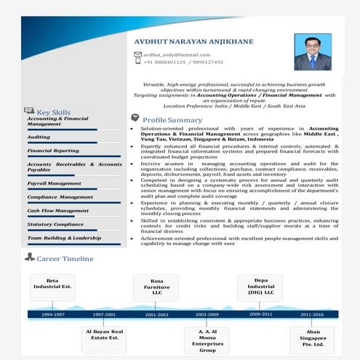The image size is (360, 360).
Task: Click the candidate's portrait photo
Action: coord(312,52)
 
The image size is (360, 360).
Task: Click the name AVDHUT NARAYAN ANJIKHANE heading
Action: coord(193,41)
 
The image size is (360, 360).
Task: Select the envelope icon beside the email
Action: coord(137,55)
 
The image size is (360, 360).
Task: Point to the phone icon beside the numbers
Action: coord(137,62)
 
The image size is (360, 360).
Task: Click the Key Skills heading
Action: coord(53,112)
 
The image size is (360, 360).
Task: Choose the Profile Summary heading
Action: coord(172,119)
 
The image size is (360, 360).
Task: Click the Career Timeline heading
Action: coord(65,258)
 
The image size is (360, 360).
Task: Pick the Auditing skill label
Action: coord(39,137)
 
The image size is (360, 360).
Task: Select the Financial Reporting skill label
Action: coord(53,151)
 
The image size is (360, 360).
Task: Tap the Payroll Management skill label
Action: coord(54,183)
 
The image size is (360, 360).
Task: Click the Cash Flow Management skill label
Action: coord(57,210)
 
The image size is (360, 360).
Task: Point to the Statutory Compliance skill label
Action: coord(55,224)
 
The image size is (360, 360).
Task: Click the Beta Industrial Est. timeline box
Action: coord(52,284)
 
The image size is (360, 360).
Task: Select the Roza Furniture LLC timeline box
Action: coord(156,286)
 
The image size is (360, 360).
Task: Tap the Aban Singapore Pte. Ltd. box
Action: coord(311,340)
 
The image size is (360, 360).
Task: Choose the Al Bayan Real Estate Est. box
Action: coord(104,335)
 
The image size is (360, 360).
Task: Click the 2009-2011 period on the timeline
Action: coord(260,313)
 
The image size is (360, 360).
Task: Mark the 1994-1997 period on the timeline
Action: coord(52,314)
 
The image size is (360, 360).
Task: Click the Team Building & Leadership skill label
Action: coord(64,238)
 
